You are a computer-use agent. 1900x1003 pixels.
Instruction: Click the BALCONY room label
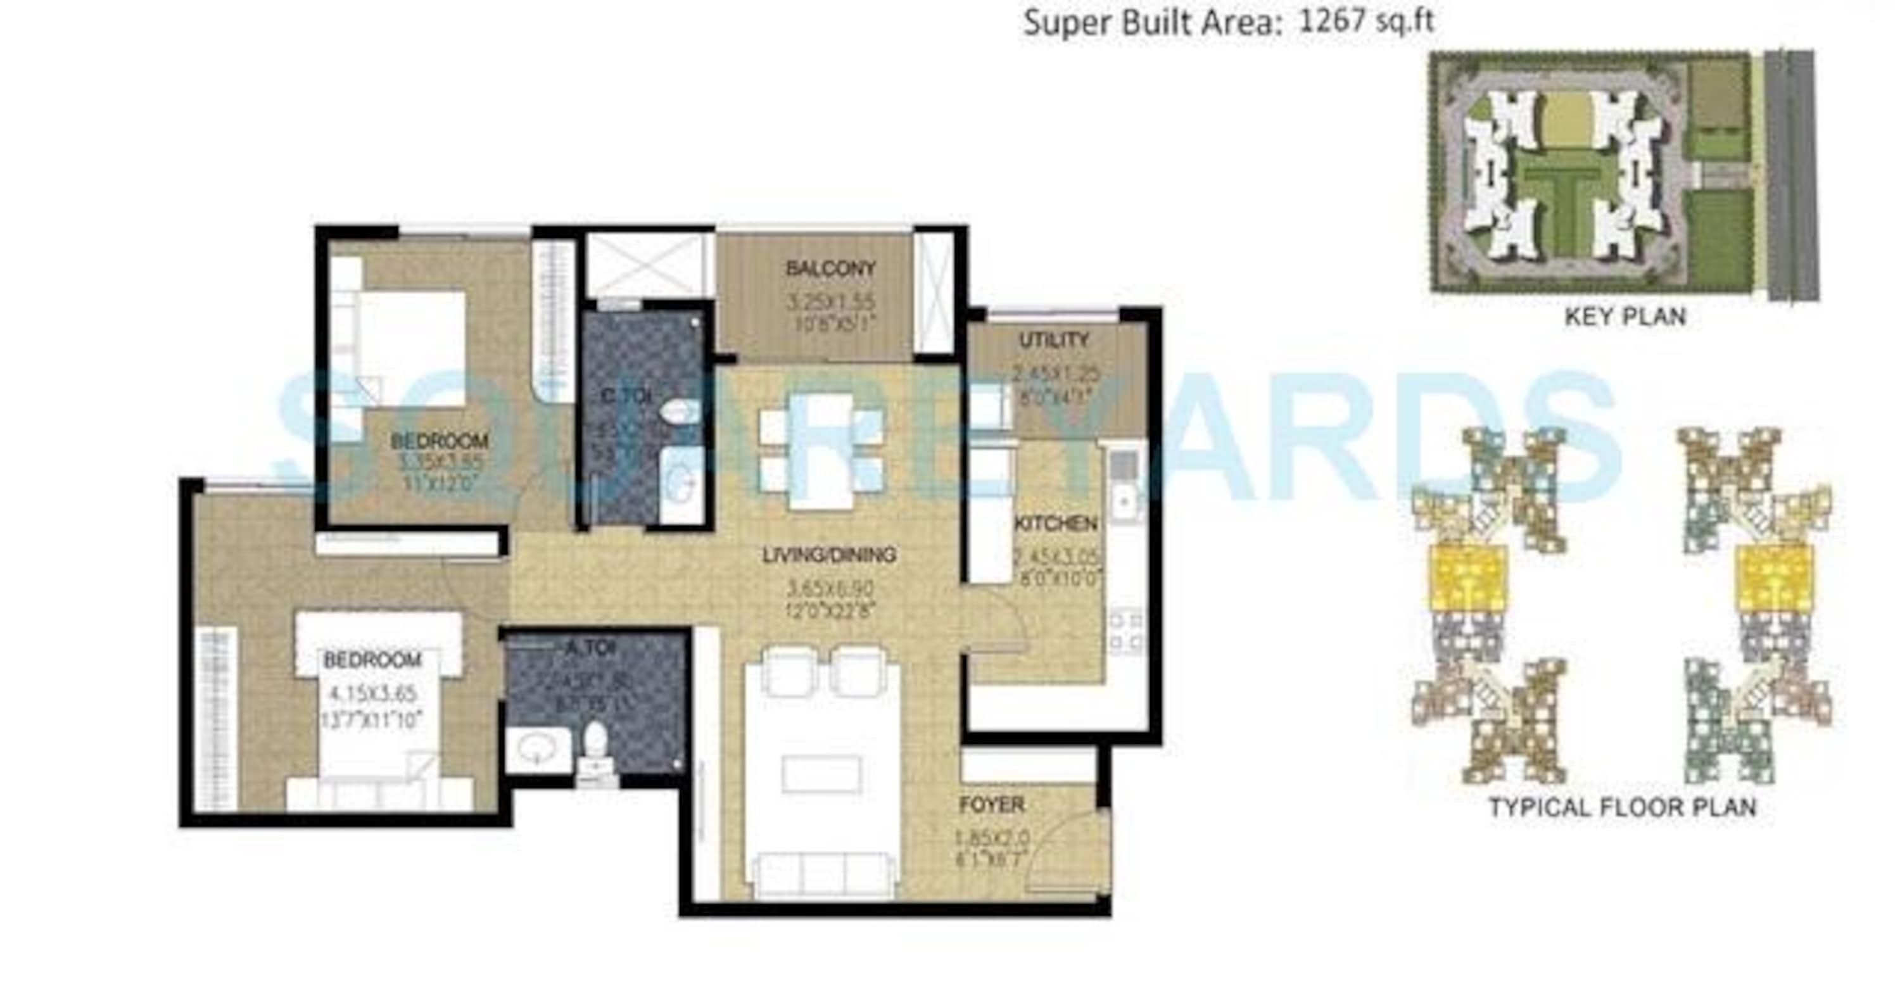coord(830,268)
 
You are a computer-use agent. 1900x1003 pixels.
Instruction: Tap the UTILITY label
coord(1054,340)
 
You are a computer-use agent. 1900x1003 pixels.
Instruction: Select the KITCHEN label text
coord(1056,524)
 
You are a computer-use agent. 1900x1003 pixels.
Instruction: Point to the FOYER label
coord(992,805)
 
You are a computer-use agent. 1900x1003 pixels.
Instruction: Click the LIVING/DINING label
coord(830,555)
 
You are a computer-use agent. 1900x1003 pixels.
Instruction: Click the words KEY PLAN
coord(1626,317)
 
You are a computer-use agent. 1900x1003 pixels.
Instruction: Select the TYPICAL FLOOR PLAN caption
coord(1623,807)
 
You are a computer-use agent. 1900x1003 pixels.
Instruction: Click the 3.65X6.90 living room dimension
coord(830,588)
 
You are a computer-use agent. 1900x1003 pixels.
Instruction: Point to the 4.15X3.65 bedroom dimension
coord(372,693)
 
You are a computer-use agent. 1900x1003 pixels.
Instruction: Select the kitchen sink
coord(1124,501)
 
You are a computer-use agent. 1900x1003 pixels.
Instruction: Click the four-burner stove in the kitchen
coord(1126,631)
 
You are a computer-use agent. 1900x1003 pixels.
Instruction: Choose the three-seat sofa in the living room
coord(823,874)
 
